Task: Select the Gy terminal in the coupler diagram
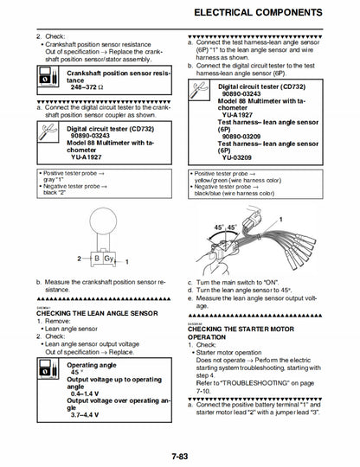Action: pyautogui.click(x=108, y=259)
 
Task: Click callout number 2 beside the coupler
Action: pyautogui.click(x=80, y=259)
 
